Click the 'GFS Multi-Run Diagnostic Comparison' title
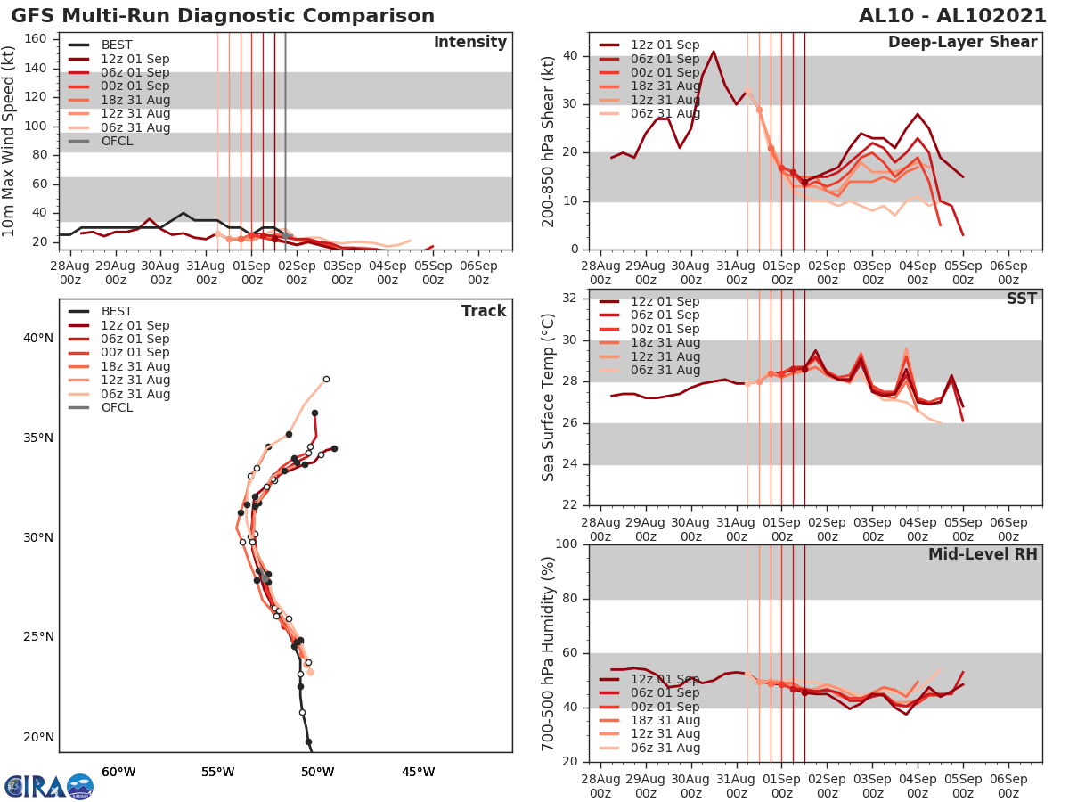coord(223,16)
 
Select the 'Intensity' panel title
coord(469,43)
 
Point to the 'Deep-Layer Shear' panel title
coord(962,43)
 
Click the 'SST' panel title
coord(1021,299)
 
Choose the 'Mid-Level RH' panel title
coord(983,554)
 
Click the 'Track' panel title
coord(484,311)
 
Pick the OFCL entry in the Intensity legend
coord(117,141)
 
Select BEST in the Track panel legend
coord(117,312)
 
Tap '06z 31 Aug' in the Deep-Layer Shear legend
coord(665,113)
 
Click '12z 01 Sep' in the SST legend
coord(665,301)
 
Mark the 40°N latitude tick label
coord(37,338)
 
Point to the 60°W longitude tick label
coord(118,772)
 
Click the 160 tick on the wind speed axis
coord(36,39)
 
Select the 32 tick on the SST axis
coord(570,298)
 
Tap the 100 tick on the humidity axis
coord(567,544)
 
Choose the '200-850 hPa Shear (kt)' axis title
coord(549,141)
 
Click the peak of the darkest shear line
coord(714,52)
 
